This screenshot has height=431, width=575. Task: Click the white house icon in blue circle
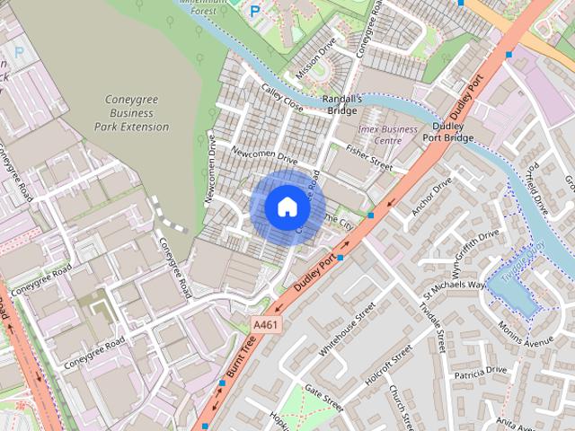coord(287,207)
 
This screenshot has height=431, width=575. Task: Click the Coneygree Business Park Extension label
coord(131,113)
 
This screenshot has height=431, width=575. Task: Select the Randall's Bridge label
coord(341,104)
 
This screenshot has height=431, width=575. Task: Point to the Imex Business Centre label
coord(387,135)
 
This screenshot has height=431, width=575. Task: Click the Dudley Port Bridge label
coord(447,131)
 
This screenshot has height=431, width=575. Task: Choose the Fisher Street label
coord(368,160)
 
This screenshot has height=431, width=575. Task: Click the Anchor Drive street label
coord(431,196)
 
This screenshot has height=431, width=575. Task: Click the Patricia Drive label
coord(480,372)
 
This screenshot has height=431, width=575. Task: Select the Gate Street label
coord(324,394)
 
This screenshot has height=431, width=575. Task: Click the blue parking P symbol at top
coord(254,12)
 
